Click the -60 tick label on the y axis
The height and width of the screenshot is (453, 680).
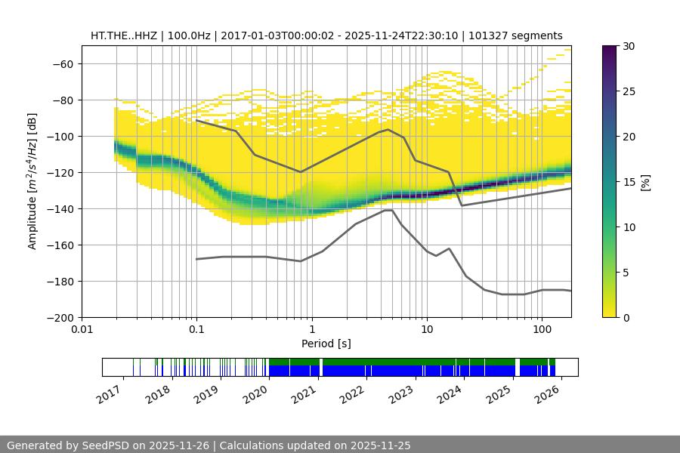click(x=62, y=63)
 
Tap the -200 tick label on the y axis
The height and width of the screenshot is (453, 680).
click(x=59, y=317)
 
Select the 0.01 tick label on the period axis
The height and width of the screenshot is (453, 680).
click(x=82, y=330)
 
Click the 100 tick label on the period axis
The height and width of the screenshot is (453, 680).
click(x=541, y=330)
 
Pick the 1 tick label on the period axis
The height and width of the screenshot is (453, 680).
click(x=311, y=330)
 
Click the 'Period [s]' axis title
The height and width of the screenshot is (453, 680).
click(x=326, y=344)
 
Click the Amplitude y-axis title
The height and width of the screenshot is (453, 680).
click(x=32, y=181)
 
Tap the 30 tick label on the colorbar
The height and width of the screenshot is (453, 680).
click(x=629, y=46)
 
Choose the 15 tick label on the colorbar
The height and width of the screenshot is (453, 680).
click(x=629, y=182)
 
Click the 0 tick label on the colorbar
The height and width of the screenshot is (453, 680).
click(x=626, y=317)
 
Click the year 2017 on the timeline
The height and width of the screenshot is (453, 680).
click(x=110, y=393)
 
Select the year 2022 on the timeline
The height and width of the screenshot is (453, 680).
click(x=351, y=393)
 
